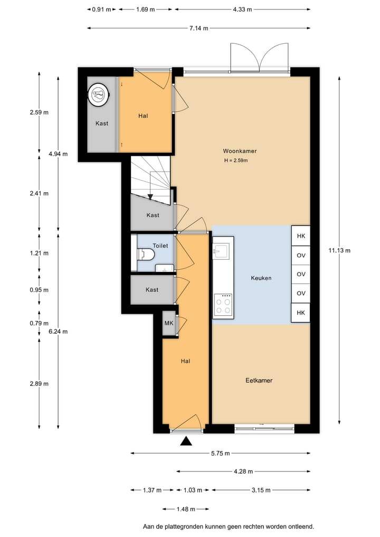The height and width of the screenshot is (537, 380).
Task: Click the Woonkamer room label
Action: (240, 151)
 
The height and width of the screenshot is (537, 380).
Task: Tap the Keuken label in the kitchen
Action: (261, 278)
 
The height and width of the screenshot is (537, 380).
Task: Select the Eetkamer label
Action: (259, 381)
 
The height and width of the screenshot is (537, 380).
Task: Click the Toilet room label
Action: (160, 246)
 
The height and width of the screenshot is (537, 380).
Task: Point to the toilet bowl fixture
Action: (146, 254)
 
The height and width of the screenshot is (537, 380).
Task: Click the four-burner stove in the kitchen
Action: (223, 304)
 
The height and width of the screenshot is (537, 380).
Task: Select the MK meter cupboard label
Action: (169, 323)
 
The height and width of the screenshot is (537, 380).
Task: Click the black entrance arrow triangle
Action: (186, 441)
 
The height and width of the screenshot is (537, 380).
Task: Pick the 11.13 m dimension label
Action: (339, 250)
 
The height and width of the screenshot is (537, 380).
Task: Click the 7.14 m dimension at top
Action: (198, 28)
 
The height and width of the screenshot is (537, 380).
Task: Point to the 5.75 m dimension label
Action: (220, 454)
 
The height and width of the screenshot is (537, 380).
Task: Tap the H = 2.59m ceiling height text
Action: (236, 161)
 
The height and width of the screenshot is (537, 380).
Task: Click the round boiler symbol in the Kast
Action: (98, 93)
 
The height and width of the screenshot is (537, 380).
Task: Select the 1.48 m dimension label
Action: (186, 509)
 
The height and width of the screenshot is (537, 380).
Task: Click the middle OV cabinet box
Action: (301, 275)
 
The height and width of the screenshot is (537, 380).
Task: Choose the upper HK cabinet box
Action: (301, 235)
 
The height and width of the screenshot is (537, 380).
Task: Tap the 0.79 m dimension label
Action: (39, 323)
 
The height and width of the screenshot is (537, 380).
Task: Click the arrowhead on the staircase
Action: (150, 196)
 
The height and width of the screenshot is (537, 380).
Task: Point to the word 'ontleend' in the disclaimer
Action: (301, 526)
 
